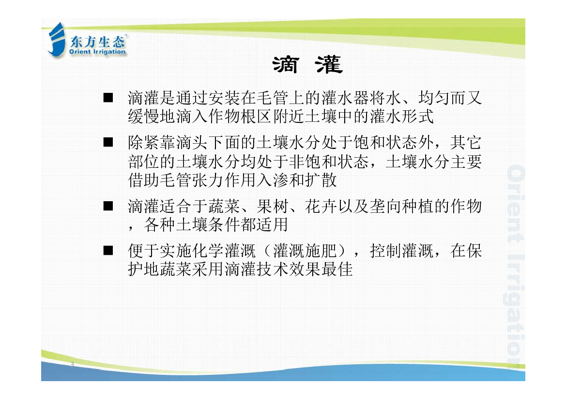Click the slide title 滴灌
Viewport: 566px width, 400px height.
pos(307,65)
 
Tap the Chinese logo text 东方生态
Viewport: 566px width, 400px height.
pos(97,42)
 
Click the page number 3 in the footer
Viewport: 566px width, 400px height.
pos(72,364)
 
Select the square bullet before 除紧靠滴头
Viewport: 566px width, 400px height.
pos(108,142)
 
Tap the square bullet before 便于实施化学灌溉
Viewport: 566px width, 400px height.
pos(108,251)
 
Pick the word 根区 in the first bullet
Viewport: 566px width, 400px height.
pos(256,116)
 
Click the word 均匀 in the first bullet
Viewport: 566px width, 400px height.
pos(434,98)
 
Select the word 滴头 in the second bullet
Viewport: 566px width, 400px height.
pos(192,143)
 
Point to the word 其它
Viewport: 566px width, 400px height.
pos(466,143)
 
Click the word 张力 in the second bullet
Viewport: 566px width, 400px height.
pos(208,179)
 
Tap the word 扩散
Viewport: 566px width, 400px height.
pos(321,179)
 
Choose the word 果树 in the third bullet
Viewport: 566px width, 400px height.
pos(273,207)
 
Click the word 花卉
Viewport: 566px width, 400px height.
pos(321,207)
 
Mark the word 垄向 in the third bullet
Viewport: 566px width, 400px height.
pos(385,207)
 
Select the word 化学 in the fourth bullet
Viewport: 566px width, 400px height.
pos(208,251)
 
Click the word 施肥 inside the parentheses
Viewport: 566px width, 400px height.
pos(321,251)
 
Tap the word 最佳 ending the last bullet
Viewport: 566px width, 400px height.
pos(337,269)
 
